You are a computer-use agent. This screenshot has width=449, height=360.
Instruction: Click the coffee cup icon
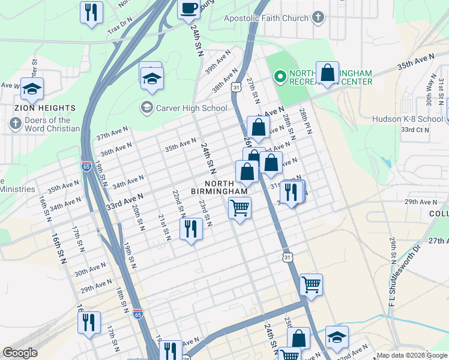188,8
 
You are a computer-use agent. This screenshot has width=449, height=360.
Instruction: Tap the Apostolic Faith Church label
266,18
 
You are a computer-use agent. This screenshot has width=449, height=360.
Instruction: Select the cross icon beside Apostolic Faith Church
318,17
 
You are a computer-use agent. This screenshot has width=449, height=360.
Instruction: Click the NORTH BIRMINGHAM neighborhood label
219,187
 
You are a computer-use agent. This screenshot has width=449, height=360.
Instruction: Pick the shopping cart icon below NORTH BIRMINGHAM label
240,208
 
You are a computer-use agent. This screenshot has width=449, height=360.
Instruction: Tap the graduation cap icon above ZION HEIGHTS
32,89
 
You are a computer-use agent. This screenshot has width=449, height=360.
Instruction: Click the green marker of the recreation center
279,77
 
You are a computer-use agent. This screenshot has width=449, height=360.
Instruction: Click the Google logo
20,353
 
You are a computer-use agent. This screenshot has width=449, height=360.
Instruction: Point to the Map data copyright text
412,355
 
